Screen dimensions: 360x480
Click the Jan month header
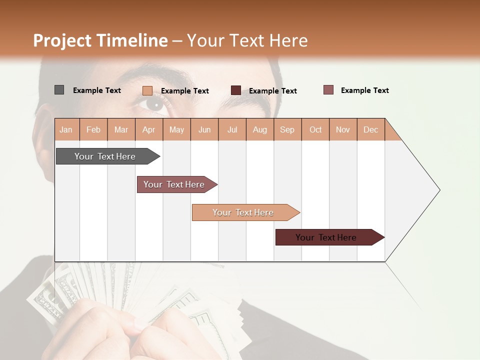[x=66, y=129]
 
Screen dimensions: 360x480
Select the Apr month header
[x=148, y=129]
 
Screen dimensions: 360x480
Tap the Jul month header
[x=232, y=129]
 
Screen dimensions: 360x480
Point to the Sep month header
[x=287, y=129]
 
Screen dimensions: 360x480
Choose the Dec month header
[x=370, y=129]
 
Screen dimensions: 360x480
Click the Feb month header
[x=93, y=129]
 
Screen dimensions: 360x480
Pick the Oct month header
[x=315, y=129]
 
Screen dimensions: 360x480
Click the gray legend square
[x=59, y=90]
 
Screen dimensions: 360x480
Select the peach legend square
[x=147, y=90]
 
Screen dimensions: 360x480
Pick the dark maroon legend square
[x=236, y=90]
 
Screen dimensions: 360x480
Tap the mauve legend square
[x=328, y=90]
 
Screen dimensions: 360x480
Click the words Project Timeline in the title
[x=100, y=40]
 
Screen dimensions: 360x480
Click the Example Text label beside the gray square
[x=97, y=90]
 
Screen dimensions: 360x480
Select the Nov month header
[x=343, y=129]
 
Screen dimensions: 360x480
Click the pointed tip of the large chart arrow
[x=439, y=190]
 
